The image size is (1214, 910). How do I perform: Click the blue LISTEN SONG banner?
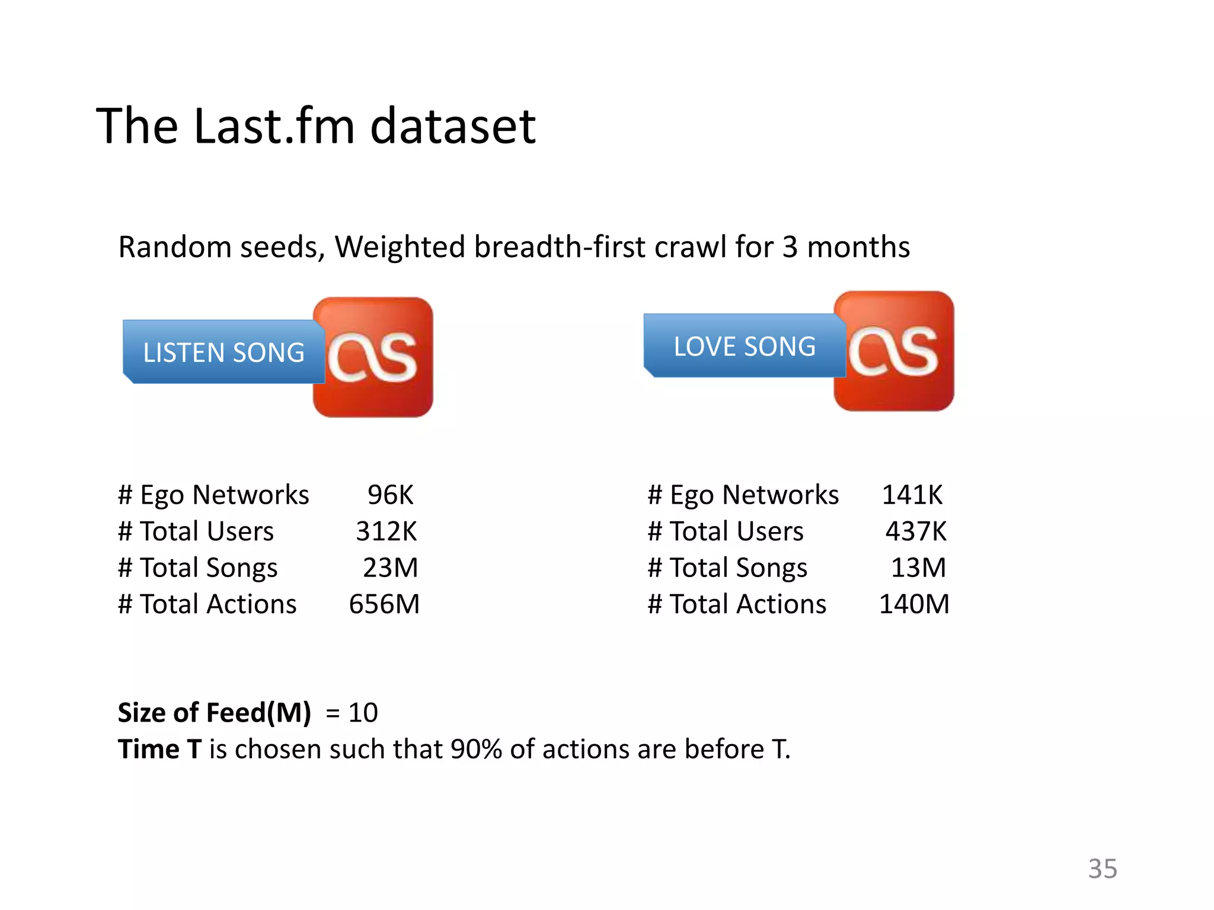point(223,352)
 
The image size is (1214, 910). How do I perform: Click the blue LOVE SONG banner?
point(744,346)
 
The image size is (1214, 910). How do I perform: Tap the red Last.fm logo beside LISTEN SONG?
point(373,357)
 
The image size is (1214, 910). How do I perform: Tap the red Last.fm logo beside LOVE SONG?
point(894,351)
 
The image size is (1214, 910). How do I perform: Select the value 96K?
point(390,495)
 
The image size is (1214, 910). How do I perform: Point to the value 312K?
point(386,531)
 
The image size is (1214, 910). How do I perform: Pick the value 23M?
point(390,568)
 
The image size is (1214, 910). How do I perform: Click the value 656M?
point(384,604)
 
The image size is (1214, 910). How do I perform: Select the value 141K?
point(912,495)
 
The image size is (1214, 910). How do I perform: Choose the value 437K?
point(916,531)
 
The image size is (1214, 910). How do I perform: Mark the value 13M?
point(918,568)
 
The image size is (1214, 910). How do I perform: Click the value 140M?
point(914,604)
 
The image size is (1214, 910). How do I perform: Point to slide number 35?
point(1103,869)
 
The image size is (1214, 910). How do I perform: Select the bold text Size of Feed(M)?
point(215,712)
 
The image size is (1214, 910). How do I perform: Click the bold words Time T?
point(159,749)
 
